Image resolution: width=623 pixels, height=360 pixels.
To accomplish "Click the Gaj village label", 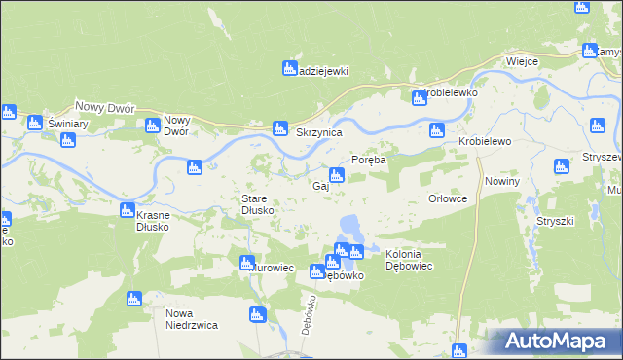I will tap(318, 186).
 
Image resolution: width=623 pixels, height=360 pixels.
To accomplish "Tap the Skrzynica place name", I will tap(318, 132).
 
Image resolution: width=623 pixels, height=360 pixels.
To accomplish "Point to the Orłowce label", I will tap(448, 198).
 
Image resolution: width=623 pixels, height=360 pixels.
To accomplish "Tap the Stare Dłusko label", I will tap(261, 204).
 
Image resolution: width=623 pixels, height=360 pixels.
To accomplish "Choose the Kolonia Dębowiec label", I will tap(416, 260).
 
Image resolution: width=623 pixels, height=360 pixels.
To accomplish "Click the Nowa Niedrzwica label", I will tap(191, 319).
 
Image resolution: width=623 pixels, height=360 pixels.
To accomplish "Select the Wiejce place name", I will tap(522, 61).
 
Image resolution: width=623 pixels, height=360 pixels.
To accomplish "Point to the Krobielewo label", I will tap(485, 141).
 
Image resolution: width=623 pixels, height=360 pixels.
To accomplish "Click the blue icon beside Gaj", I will tap(336, 176).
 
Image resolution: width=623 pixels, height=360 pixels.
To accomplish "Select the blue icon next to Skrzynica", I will tap(280, 127).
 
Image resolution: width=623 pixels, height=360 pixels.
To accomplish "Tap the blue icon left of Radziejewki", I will tap(289, 68).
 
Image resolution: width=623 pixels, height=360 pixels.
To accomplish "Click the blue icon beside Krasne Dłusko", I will tap(127, 209).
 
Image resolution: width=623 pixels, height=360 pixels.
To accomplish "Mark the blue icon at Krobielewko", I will tap(419, 97).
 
